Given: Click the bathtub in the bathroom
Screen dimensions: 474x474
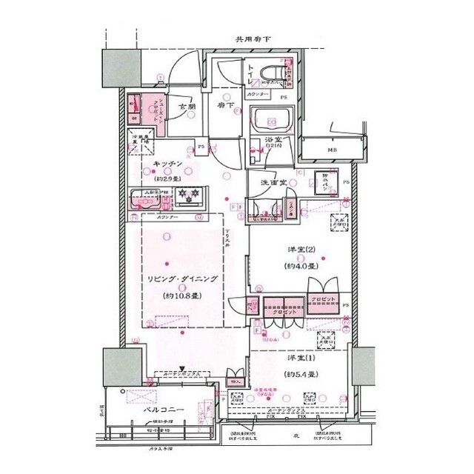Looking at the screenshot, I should tap(273, 119).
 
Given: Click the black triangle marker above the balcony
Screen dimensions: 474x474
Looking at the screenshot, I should tap(183, 367).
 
